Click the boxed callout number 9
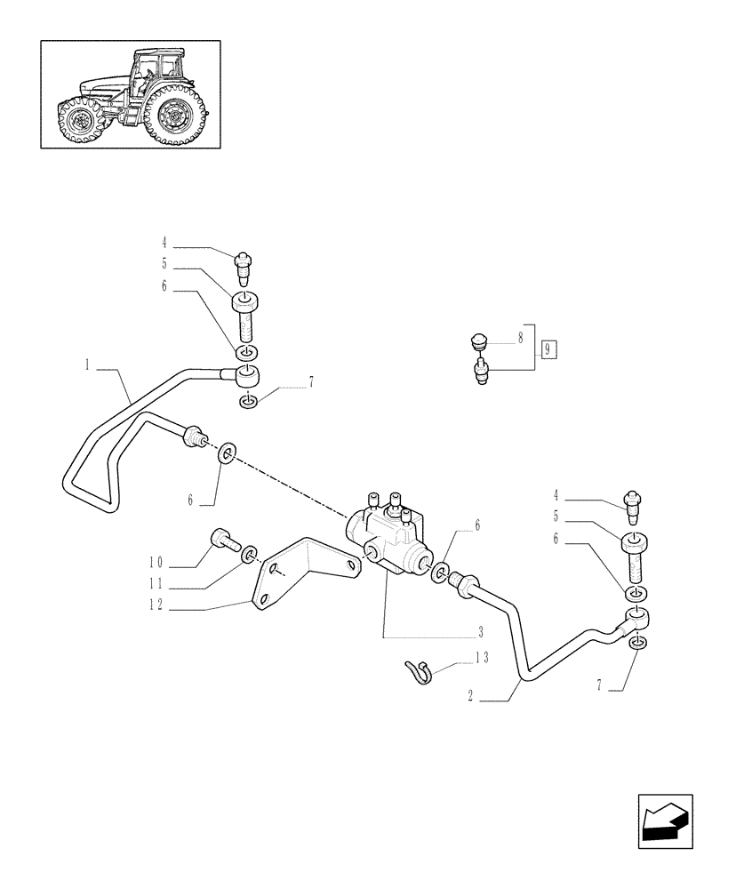click(548, 348)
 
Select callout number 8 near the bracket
click(521, 338)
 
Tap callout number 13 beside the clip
click(482, 658)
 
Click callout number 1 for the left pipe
click(88, 364)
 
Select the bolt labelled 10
click(222, 539)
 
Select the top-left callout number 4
click(164, 241)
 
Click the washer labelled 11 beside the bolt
click(250, 556)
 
